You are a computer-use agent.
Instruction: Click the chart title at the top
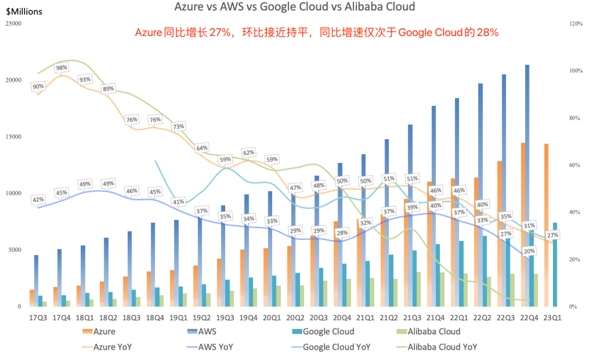[294, 7]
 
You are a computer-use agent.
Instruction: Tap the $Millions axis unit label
[24, 11]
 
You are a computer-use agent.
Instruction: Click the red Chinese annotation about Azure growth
[317, 33]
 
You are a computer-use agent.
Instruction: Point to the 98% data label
[61, 68]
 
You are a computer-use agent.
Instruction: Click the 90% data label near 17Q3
[38, 87]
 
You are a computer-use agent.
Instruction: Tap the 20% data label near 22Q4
[528, 251]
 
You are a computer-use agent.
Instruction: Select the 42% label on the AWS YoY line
[38, 200]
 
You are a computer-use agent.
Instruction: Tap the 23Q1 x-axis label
[552, 317]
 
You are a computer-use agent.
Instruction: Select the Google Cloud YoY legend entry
[336, 346]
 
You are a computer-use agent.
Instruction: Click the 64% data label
[202, 148]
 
